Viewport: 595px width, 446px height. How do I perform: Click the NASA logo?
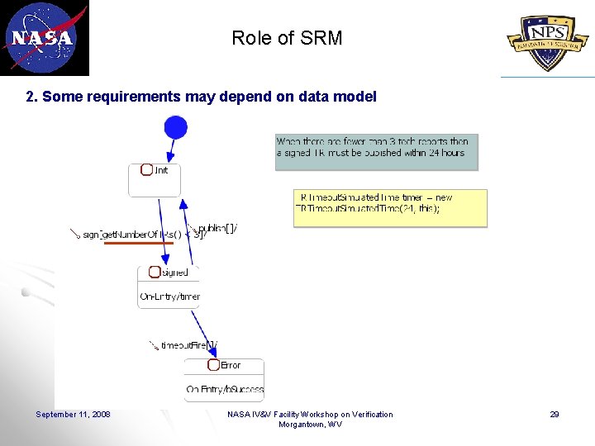[45, 37]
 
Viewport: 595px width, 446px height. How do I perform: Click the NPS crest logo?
[550, 39]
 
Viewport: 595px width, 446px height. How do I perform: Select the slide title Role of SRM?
[287, 38]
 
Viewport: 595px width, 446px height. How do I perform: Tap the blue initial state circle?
[175, 127]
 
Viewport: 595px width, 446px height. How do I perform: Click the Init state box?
[155, 178]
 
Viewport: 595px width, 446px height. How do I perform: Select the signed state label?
[174, 273]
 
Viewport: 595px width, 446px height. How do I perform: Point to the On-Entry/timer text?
[169, 297]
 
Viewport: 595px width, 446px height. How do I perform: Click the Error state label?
[231, 365]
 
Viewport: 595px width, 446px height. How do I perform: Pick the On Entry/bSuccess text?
[225, 389]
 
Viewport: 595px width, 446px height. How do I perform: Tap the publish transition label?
[217, 228]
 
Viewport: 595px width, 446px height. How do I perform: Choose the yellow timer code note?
[390, 207]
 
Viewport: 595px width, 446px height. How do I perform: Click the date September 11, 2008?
[73, 415]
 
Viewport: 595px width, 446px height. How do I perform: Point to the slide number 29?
[555, 415]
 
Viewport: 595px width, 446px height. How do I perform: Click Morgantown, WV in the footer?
[310, 425]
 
